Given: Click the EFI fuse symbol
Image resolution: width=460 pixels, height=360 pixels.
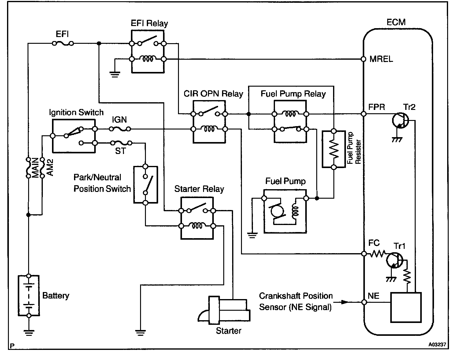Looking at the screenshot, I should (63, 43).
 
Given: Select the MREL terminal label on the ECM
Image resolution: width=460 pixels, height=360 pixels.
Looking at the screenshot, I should (381, 59).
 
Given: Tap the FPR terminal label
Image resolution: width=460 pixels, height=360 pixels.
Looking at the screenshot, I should (377, 107).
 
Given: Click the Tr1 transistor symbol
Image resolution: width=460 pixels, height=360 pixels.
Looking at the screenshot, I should (393, 261).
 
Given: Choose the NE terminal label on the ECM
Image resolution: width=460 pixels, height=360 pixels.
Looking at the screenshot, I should (373, 296).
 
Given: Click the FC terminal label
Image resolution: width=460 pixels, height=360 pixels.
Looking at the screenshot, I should (374, 243).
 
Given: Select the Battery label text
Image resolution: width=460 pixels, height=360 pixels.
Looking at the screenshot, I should (56, 296).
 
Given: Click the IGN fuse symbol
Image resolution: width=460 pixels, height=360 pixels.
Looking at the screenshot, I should (120, 129).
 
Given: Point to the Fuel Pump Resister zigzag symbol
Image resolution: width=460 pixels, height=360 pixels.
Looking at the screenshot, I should (334, 149).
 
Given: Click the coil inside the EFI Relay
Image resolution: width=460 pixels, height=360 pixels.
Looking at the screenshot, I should (148, 58).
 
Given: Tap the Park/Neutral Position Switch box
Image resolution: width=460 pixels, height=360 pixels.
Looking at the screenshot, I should (146, 185).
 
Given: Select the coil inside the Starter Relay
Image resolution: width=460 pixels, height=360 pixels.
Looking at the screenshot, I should (197, 226).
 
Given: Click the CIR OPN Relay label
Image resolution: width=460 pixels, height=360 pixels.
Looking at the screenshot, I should (213, 94).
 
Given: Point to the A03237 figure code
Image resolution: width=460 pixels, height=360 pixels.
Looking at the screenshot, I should (436, 344).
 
